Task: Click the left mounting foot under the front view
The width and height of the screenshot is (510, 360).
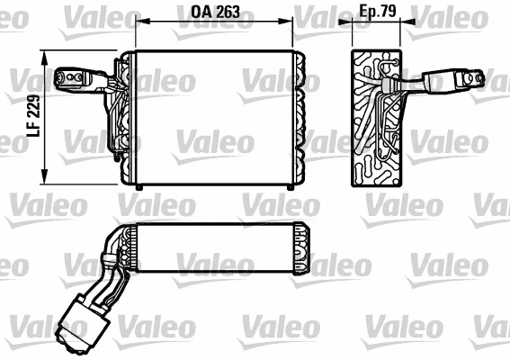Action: pos(139,186)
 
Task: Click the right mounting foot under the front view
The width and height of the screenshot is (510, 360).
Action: pos(288,186)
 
